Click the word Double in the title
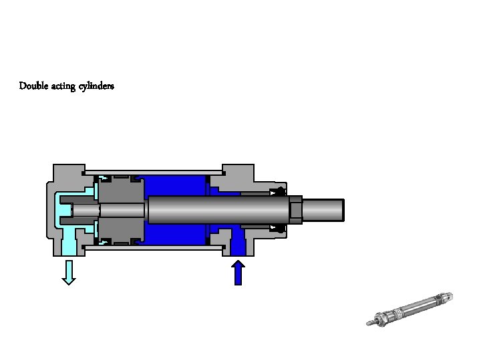pos(33,86)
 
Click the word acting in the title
pos(65,86)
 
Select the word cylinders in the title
pos(97,87)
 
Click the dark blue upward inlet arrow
pos(238,272)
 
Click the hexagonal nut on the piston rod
pos(295,209)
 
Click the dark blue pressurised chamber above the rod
pos(175,186)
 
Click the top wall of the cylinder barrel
pos(154,170)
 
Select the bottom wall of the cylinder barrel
pos(154,248)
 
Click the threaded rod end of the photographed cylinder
pos(371,324)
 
